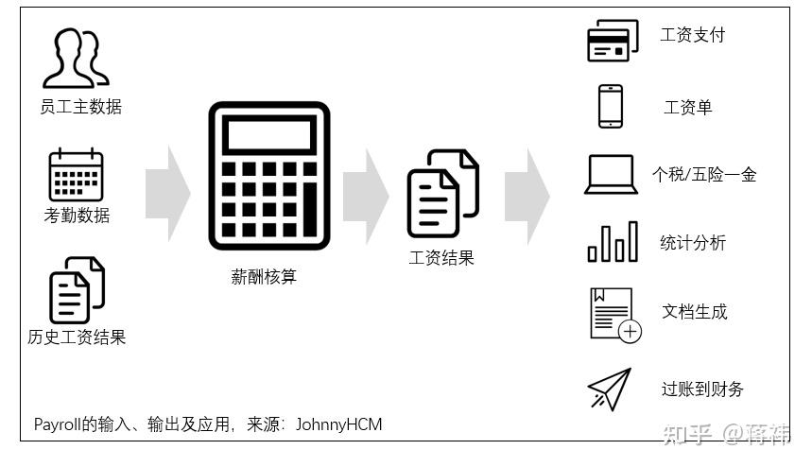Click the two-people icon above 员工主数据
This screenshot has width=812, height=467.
pos(76,58)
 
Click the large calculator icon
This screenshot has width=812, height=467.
pos(268,175)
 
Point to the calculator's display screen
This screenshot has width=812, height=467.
pos(268,134)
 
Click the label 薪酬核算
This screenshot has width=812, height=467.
pos(265,277)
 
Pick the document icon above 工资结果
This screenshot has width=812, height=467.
pos(441,193)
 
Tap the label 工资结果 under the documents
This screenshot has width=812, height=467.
pos(441,257)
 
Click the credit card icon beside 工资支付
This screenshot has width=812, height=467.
pos(611,41)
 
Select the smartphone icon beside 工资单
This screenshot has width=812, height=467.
pos(610,106)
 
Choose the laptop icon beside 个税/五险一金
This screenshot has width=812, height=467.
pos(611,174)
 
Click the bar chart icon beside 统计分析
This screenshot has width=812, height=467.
pos(612,241)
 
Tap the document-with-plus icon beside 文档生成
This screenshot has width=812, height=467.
pos(614,313)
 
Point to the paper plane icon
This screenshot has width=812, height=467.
pos(609,389)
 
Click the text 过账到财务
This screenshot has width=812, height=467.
pos(702,389)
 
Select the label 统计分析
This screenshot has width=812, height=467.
pos(693,243)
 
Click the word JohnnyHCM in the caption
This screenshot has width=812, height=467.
pos(338,424)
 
